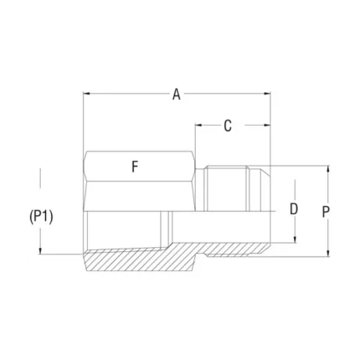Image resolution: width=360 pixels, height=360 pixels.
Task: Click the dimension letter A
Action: pos(177,95)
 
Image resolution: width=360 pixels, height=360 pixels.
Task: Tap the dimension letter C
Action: pos(228,126)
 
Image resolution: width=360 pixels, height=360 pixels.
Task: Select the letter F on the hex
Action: pos(135,167)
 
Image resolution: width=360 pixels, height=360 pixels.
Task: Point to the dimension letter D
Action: pos(294,209)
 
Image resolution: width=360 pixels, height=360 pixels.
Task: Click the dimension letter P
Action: pos(326,212)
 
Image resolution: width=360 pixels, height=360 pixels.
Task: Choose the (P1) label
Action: pos(41,217)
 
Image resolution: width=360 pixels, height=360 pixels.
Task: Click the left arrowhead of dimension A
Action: pos(86,94)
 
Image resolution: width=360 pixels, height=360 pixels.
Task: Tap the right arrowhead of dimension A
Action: pos(267,94)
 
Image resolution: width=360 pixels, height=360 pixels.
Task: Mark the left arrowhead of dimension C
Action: pos(198,126)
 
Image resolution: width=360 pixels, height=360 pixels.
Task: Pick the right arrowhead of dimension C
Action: pos(267,126)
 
